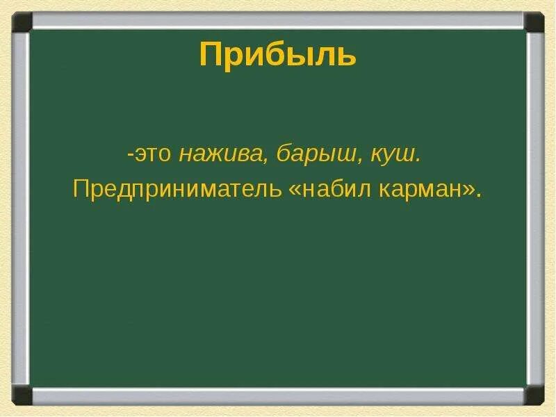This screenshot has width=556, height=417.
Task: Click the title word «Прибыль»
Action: tap(277, 55)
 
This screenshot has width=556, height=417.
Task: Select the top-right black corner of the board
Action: tap(534, 22)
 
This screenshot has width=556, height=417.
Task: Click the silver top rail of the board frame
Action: tap(278, 20)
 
